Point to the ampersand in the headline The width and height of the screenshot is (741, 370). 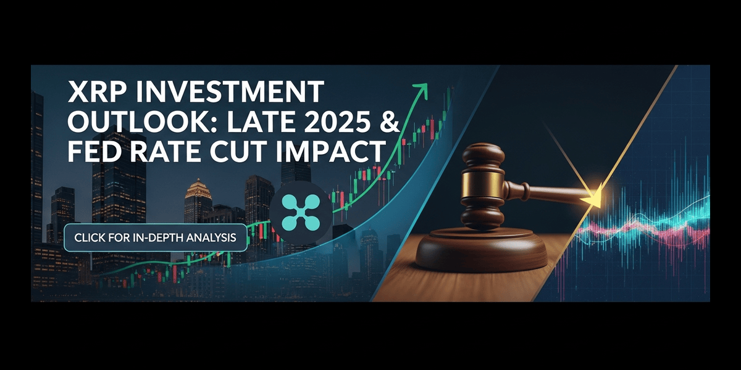coord(391,121)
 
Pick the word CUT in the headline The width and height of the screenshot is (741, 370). coord(238,151)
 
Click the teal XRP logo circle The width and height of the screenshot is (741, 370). coord(301,212)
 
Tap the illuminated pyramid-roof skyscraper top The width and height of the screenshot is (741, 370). coord(198,188)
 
